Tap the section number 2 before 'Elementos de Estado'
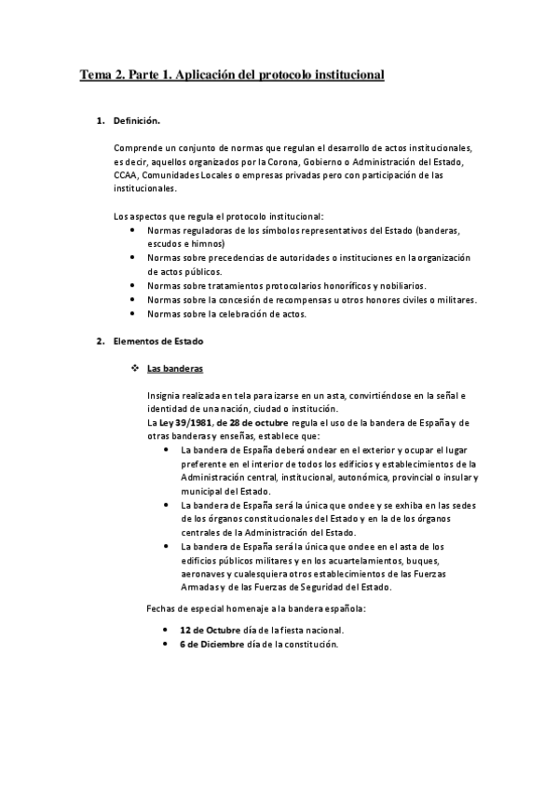[x=101, y=341]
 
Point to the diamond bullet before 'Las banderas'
[x=136, y=368]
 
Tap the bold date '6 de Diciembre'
[x=211, y=644]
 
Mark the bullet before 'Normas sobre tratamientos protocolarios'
[x=136, y=285]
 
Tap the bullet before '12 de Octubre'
[x=166, y=631]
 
